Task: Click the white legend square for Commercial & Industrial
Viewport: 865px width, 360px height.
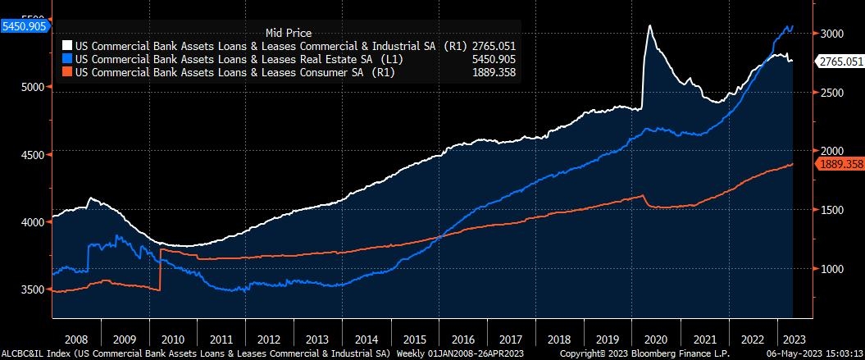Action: click(68, 47)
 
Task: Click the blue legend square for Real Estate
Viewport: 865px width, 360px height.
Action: click(68, 59)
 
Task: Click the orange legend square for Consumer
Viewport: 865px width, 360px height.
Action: click(68, 71)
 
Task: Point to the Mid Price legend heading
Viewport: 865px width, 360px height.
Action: click(288, 33)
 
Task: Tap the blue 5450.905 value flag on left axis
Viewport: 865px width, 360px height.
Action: click(25, 26)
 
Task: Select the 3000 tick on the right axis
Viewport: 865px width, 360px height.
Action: click(832, 34)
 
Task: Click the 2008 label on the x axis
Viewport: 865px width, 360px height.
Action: click(75, 338)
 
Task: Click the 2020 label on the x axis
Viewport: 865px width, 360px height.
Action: click(656, 338)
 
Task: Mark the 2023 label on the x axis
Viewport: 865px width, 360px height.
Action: click(792, 338)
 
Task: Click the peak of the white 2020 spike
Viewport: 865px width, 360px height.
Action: click(649, 25)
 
